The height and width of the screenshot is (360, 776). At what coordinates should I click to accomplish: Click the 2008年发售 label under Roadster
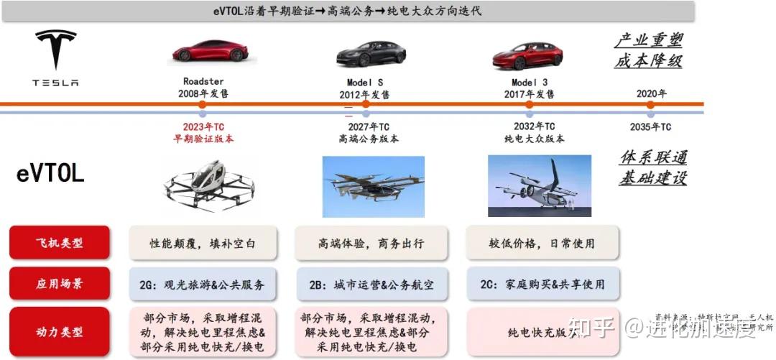point(204,93)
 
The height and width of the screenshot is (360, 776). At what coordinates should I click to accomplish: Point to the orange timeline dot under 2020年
point(650,104)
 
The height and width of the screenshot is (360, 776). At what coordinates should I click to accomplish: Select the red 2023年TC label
point(204,127)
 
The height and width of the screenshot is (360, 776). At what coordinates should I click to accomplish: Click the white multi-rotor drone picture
point(209,185)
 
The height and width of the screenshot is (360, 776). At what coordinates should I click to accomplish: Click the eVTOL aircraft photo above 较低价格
point(539,185)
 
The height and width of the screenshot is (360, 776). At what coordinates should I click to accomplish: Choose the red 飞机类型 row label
point(59,243)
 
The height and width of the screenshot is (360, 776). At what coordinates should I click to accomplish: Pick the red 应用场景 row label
point(59,284)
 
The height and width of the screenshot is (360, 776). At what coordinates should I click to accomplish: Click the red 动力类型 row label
point(59,332)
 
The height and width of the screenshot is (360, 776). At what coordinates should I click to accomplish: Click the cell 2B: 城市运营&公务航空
point(371,285)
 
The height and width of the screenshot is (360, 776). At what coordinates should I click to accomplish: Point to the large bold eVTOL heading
point(51,173)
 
